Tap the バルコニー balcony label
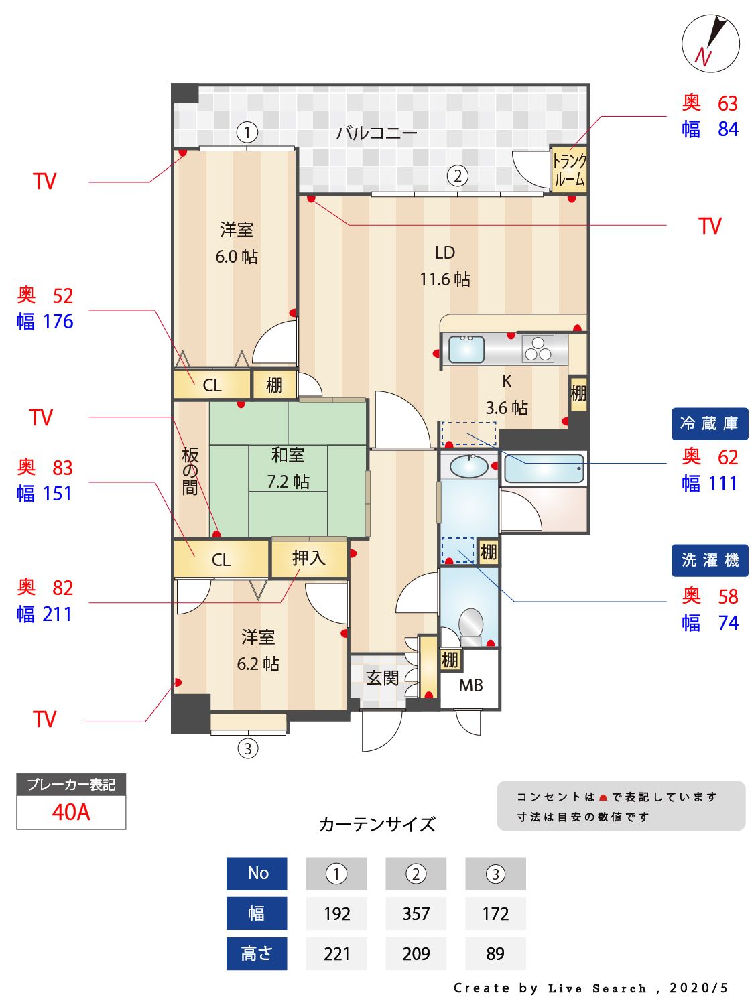[x=376, y=133]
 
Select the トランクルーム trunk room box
[x=568, y=170]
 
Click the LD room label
[x=444, y=253]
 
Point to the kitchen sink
[x=466, y=349]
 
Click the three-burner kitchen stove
[x=538, y=349]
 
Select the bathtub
[x=544, y=468]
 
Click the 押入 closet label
[x=308, y=559]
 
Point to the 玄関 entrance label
[x=382, y=678]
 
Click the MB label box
[x=470, y=685]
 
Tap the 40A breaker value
[x=71, y=812]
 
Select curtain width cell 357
[x=416, y=913]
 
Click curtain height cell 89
[x=495, y=953]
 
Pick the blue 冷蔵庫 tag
[x=710, y=424]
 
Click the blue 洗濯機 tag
[x=710, y=560]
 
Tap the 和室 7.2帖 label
[x=288, y=468]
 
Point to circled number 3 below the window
[x=248, y=749]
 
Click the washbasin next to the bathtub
[x=468, y=467]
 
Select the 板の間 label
[x=190, y=472]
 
